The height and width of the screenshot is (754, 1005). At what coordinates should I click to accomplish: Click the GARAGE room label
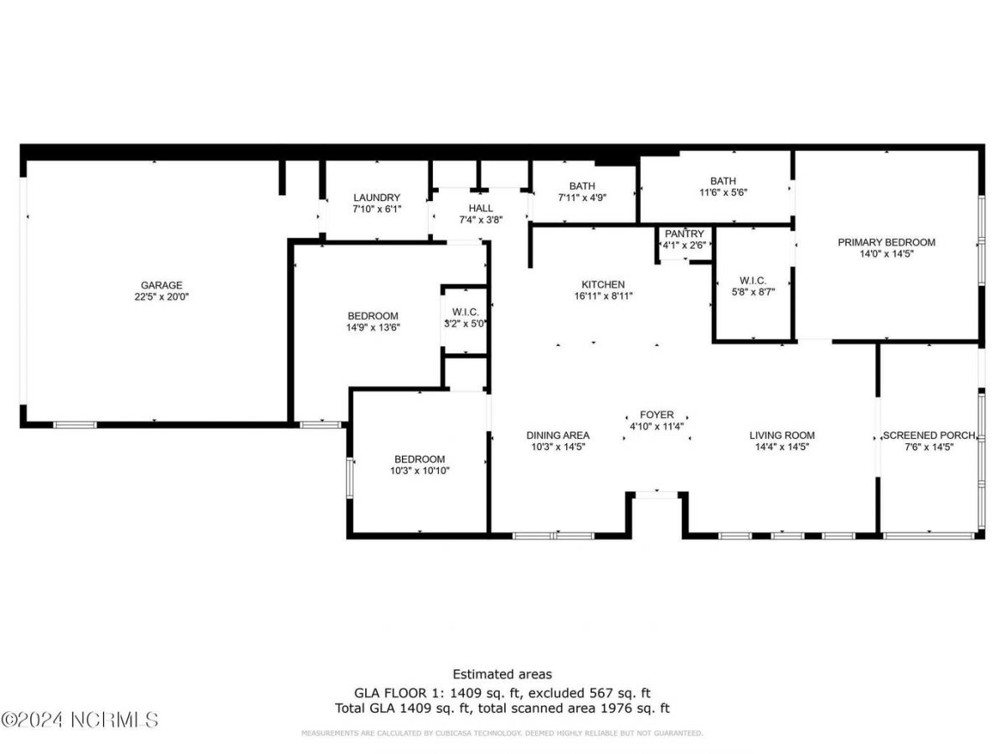(162, 285)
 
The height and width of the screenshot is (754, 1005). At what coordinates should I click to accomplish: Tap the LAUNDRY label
(377, 198)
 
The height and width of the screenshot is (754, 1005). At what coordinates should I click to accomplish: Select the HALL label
(481, 208)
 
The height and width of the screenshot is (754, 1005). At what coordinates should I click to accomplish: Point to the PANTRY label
(685, 234)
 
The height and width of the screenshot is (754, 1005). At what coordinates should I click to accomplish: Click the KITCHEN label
(603, 285)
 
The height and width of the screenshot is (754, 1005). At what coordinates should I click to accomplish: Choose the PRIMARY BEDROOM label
(886, 242)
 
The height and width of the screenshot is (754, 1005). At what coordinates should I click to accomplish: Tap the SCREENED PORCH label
(930, 436)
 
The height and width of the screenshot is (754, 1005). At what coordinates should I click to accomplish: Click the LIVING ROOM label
(781, 436)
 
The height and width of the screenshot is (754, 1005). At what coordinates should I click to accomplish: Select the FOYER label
(657, 415)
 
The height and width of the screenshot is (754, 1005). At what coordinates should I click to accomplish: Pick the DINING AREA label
(558, 436)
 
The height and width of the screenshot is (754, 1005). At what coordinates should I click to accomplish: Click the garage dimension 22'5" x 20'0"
(162, 297)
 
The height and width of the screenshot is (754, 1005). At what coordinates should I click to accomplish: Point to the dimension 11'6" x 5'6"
(723, 192)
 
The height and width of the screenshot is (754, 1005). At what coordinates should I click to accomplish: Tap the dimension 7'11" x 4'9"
(582, 198)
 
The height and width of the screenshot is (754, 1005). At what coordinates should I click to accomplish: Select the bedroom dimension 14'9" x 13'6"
(373, 328)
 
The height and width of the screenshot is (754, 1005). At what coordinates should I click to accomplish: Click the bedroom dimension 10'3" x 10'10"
(420, 471)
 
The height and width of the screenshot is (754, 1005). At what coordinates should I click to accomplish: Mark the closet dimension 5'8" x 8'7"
(753, 292)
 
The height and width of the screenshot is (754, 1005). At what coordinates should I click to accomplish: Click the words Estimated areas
(502, 674)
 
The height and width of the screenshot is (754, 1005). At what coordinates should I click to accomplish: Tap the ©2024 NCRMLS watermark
(80, 720)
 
